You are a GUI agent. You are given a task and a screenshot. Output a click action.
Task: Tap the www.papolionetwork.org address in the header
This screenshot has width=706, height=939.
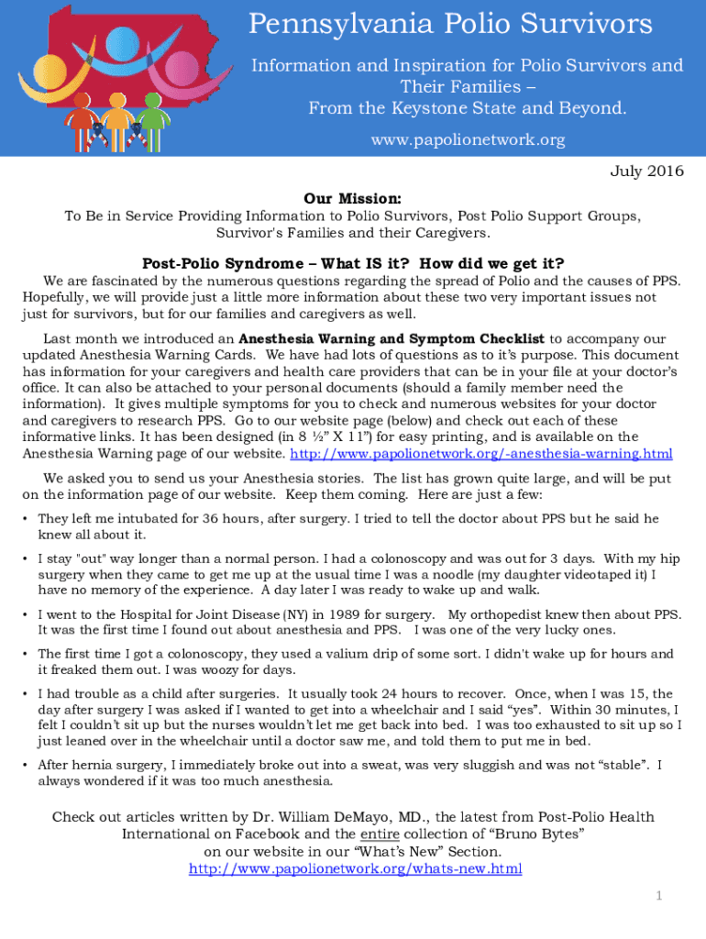467,140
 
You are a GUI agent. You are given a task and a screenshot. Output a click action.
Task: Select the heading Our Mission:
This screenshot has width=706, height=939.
352,198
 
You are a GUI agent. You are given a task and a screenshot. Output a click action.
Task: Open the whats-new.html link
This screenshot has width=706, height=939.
355,868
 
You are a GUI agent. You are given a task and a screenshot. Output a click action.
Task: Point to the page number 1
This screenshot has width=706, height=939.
658,896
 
